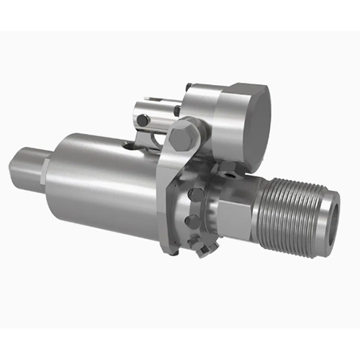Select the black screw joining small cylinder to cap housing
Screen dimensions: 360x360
[176, 110]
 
